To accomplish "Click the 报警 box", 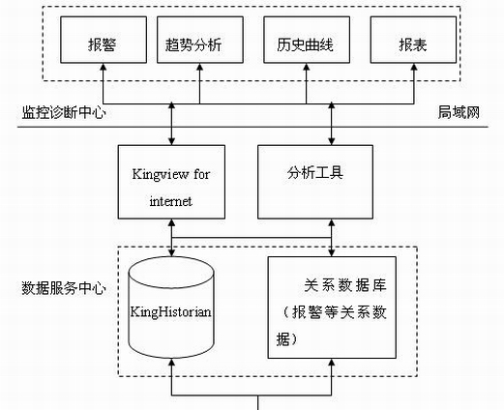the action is click(x=104, y=40).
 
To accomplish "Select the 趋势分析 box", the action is click(x=200, y=40).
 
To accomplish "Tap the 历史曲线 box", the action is click(x=307, y=40).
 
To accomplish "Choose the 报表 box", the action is click(x=413, y=40).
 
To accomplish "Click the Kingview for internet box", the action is click(x=171, y=182).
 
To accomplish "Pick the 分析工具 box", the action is click(x=315, y=182).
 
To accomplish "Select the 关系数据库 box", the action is click(x=332, y=307).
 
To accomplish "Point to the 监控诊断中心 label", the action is click(x=64, y=113).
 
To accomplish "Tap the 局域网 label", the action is click(x=459, y=113).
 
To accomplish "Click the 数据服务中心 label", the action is click(x=64, y=288).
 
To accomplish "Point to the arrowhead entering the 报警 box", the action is click(x=104, y=67).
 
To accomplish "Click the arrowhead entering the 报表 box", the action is click(x=414, y=67).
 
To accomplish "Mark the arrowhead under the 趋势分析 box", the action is click(x=199, y=67).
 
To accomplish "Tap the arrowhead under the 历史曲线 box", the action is click(x=307, y=67).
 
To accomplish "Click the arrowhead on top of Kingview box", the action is click(x=171, y=141).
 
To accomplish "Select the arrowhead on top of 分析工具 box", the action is click(x=332, y=141).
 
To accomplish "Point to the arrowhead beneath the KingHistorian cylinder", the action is click(x=171, y=363).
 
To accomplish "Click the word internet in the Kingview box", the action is click(x=171, y=201).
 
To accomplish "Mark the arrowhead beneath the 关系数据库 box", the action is click(x=332, y=363).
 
